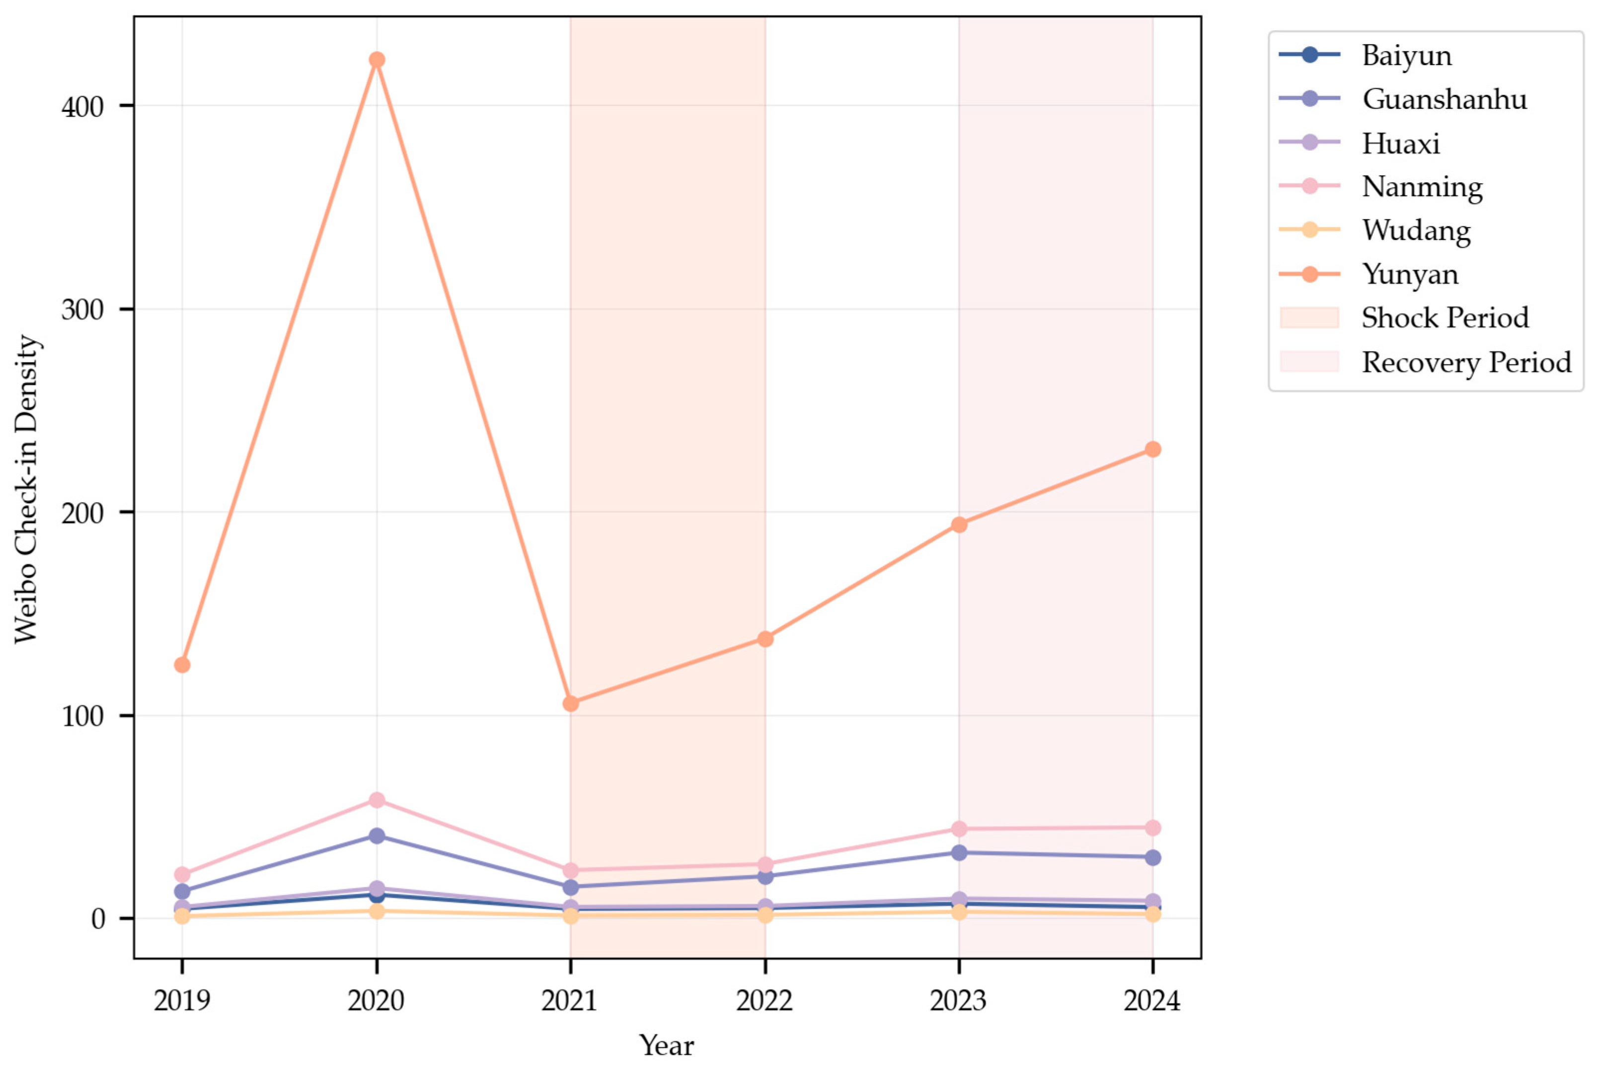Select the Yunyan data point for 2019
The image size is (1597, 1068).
(182, 665)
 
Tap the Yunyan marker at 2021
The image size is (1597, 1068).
(571, 703)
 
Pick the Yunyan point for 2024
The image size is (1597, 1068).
(1152, 450)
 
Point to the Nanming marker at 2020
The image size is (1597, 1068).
(377, 800)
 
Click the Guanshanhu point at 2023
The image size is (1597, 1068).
(959, 853)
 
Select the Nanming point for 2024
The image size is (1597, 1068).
(1152, 828)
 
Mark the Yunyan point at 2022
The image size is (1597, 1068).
(765, 639)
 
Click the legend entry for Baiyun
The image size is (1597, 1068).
(1406, 55)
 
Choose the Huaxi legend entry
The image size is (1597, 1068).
(1400, 144)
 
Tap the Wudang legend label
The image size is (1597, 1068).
(1415, 231)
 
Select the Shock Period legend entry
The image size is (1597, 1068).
(1445, 318)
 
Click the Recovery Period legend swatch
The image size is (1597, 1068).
(1309, 362)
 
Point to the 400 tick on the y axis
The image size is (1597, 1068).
(82, 106)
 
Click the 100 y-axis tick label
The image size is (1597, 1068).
(82, 716)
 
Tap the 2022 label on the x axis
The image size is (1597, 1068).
(765, 1000)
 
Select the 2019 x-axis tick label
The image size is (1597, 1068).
(182, 1000)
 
